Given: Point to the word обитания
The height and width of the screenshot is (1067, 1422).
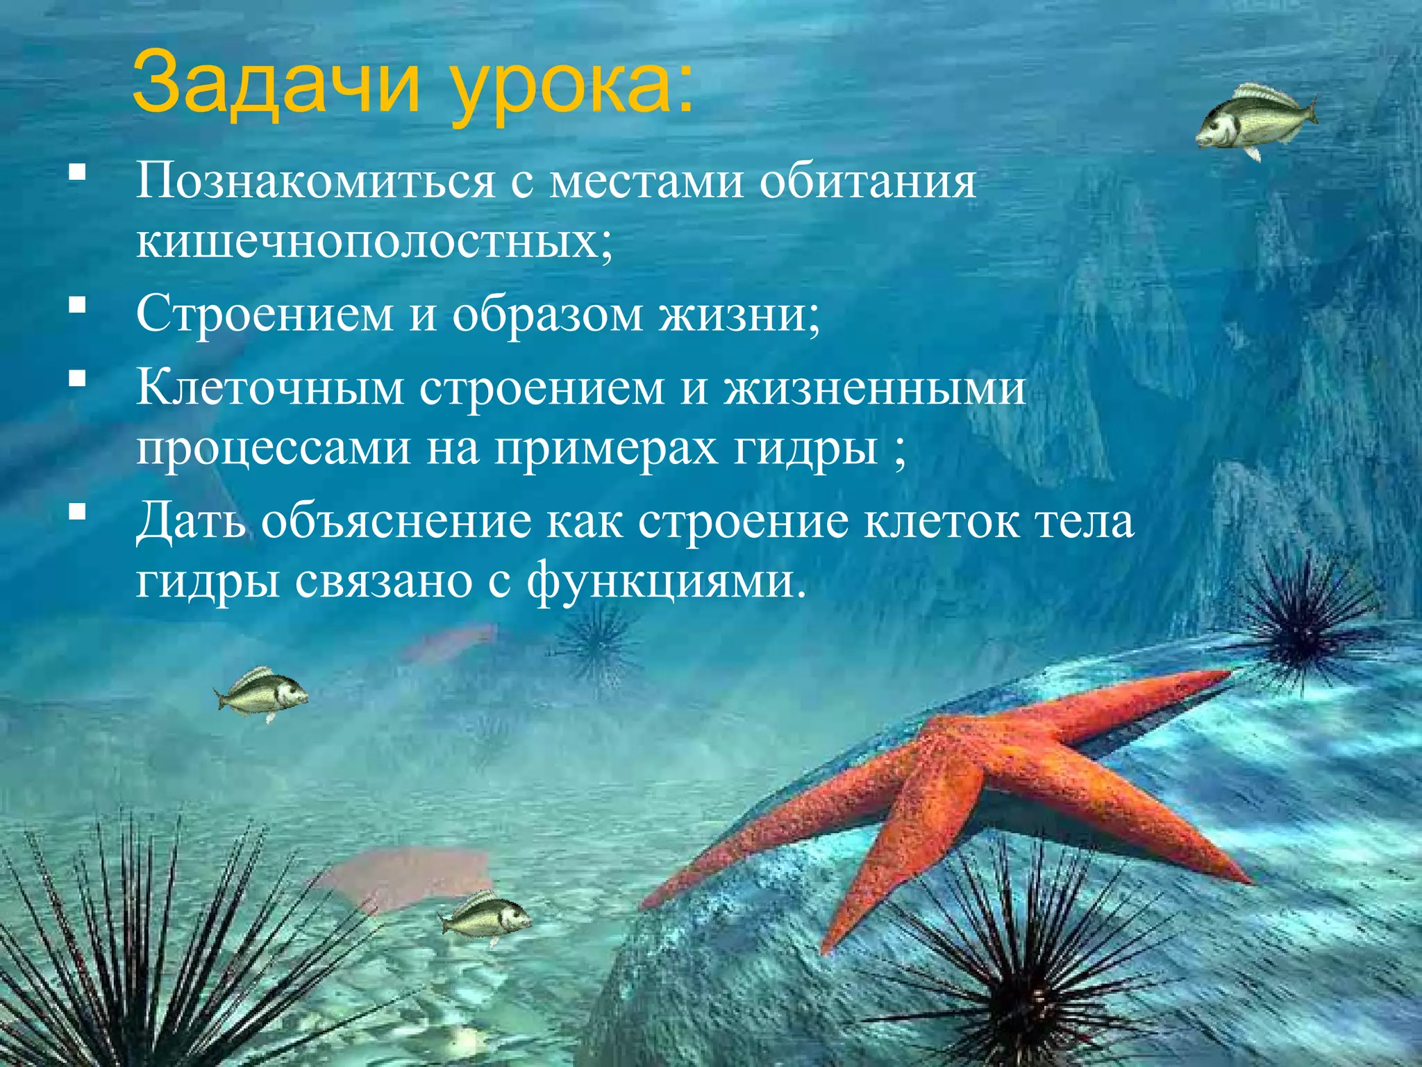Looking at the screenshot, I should [867, 181].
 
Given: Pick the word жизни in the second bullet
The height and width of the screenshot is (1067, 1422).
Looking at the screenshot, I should [739, 314].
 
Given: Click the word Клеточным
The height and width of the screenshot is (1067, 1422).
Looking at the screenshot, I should [270, 387].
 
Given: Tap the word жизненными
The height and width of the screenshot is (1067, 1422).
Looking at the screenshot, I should [874, 387].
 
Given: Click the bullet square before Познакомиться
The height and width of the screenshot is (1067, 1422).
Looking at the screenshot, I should [77, 172].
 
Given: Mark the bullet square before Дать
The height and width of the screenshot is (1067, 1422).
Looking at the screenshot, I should [77, 513].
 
